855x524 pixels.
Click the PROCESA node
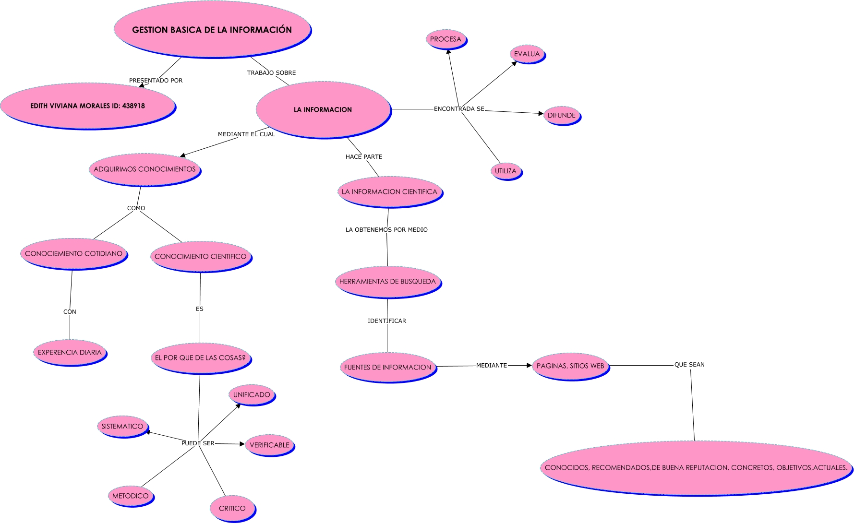(x=446, y=39)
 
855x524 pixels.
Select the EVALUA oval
(x=527, y=54)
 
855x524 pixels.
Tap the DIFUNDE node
(x=562, y=116)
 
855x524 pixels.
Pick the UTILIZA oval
(x=506, y=171)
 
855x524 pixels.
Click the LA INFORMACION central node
(x=323, y=110)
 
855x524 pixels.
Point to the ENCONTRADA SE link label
(x=459, y=109)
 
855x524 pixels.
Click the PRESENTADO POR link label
(x=156, y=81)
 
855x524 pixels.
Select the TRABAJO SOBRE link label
(x=271, y=73)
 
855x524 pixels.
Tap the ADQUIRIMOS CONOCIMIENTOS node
(x=145, y=169)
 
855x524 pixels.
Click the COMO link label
(x=136, y=208)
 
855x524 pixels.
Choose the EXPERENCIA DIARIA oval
(x=70, y=353)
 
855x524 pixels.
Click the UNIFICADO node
(x=252, y=395)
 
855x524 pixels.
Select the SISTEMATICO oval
(x=122, y=427)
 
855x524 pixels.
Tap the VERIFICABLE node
(x=269, y=445)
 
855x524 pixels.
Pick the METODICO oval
(x=131, y=496)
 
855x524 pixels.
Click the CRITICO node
(x=232, y=509)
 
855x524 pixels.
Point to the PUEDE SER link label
(x=198, y=443)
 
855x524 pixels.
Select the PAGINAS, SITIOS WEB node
(x=570, y=366)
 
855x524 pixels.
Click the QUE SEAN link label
(x=689, y=365)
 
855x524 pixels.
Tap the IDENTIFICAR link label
(x=386, y=321)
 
